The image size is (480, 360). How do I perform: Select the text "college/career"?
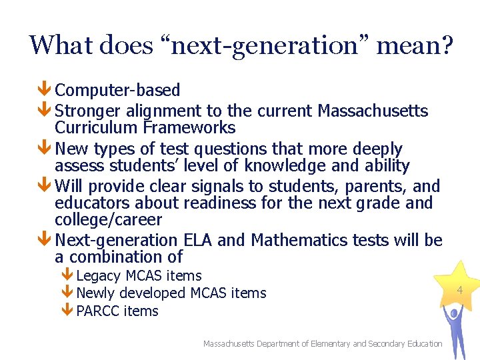108,220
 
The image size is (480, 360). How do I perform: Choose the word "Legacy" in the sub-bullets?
98,275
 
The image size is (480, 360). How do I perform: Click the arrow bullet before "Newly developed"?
67,293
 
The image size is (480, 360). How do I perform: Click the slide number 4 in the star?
459,289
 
